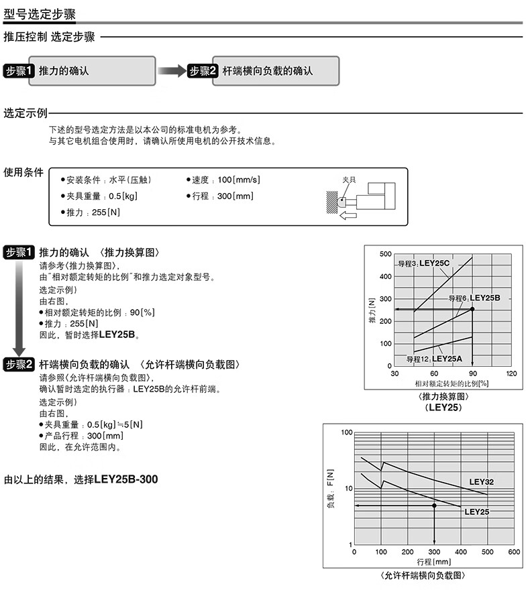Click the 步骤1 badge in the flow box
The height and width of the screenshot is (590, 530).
(19, 71)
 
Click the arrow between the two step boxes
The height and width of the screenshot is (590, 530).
(170, 71)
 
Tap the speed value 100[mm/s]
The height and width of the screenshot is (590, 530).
(238, 180)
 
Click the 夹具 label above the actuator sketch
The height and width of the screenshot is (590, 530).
(349, 180)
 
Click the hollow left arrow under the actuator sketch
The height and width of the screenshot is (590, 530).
(348, 215)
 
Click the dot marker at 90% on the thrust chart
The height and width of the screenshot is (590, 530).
(472, 308)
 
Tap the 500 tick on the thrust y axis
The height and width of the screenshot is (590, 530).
(385, 254)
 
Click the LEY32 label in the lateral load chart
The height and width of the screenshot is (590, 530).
(481, 481)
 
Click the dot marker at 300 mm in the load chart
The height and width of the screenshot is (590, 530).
(434, 505)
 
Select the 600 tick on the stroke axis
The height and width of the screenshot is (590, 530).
(513, 552)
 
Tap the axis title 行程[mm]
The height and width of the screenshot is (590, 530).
(433, 562)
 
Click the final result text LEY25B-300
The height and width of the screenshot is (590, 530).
(127, 479)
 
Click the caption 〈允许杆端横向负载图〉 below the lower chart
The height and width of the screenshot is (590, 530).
(422, 576)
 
